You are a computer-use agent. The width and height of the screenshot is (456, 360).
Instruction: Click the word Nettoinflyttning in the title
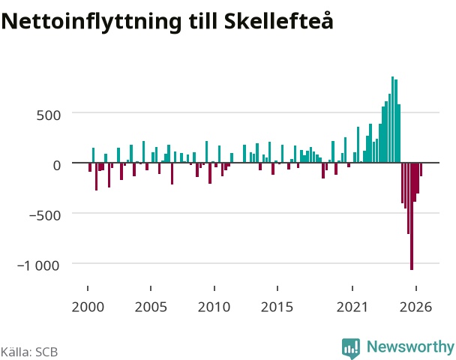pyautogui.click(x=91, y=22)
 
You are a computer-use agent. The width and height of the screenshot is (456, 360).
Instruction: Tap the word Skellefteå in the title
pyautogui.click(x=278, y=21)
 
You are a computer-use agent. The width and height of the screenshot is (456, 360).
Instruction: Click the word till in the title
pyautogui.click(x=203, y=21)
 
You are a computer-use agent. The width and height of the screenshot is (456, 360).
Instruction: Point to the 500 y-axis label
pyautogui.click(x=49, y=115)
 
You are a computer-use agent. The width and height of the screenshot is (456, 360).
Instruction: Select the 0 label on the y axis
pyautogui.click(x=57, y=165)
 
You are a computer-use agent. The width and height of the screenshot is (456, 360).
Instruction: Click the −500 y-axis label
pyautogui.click(x=45, y=215)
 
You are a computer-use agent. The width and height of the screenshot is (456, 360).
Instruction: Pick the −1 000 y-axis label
pyautogui.click(x=38, y=265)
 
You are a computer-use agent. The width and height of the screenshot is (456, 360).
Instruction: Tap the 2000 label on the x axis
pyautogui.click(x=88, y=307)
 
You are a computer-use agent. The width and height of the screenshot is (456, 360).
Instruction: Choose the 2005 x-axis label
pyautogui.click(x=151, y=307)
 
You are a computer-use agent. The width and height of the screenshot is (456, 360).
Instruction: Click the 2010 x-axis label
pyautogui.click(x=214, y=307)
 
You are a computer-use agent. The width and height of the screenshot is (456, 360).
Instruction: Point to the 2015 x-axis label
pyautogui.click(x=277, y=307)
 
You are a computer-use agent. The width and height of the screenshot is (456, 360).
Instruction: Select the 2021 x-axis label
pyautogui.click(x=352, y=307)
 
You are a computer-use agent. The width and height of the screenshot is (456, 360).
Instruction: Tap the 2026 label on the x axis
pyautogui.click(x=415, y=307)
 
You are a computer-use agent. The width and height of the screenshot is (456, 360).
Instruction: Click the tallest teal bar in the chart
pyautogui.click(x=392, y=119)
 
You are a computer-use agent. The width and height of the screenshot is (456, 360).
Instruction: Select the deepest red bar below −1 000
pyautogui.click(x=412, y=216)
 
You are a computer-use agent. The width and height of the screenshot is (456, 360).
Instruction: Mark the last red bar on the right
pyautogui.click(x=421, y=169)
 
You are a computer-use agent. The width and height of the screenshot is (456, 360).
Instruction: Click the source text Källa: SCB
pyautogui.click(x=29, y=352)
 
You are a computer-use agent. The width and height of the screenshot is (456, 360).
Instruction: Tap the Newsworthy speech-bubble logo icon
pyautogui.click(x=351, y=348)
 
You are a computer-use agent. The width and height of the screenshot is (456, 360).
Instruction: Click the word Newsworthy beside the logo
pyautogui.click(x=410, y=346)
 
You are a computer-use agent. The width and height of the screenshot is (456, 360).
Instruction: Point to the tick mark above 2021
pyautogui.click(x=352, y=288)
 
